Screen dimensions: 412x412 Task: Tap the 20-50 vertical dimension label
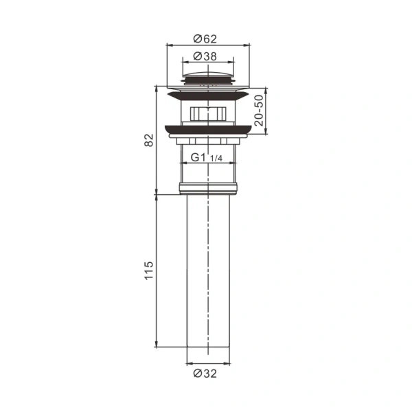258,109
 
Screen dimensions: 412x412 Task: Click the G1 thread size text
198,157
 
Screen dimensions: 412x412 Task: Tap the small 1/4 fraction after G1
216,159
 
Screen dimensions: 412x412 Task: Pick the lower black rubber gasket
207,128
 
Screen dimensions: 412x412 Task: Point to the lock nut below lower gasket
207,139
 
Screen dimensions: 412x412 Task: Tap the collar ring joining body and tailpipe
207,187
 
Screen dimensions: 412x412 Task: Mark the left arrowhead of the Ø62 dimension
169,46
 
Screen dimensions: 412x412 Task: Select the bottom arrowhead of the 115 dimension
157,347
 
